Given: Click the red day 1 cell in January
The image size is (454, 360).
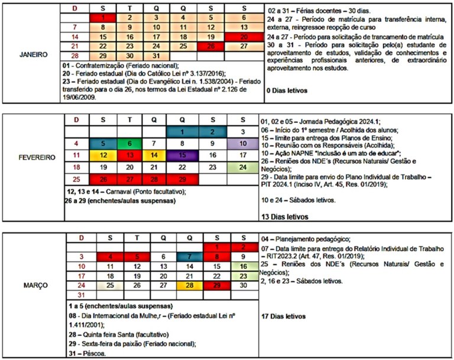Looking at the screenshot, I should click(x=102, y=18).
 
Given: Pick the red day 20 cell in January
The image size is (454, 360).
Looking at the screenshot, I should click(x=244, y=37).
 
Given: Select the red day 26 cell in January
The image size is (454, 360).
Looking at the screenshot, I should click(x=211, y=46).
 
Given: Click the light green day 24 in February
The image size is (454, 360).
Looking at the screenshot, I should click(x=244, y=167).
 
